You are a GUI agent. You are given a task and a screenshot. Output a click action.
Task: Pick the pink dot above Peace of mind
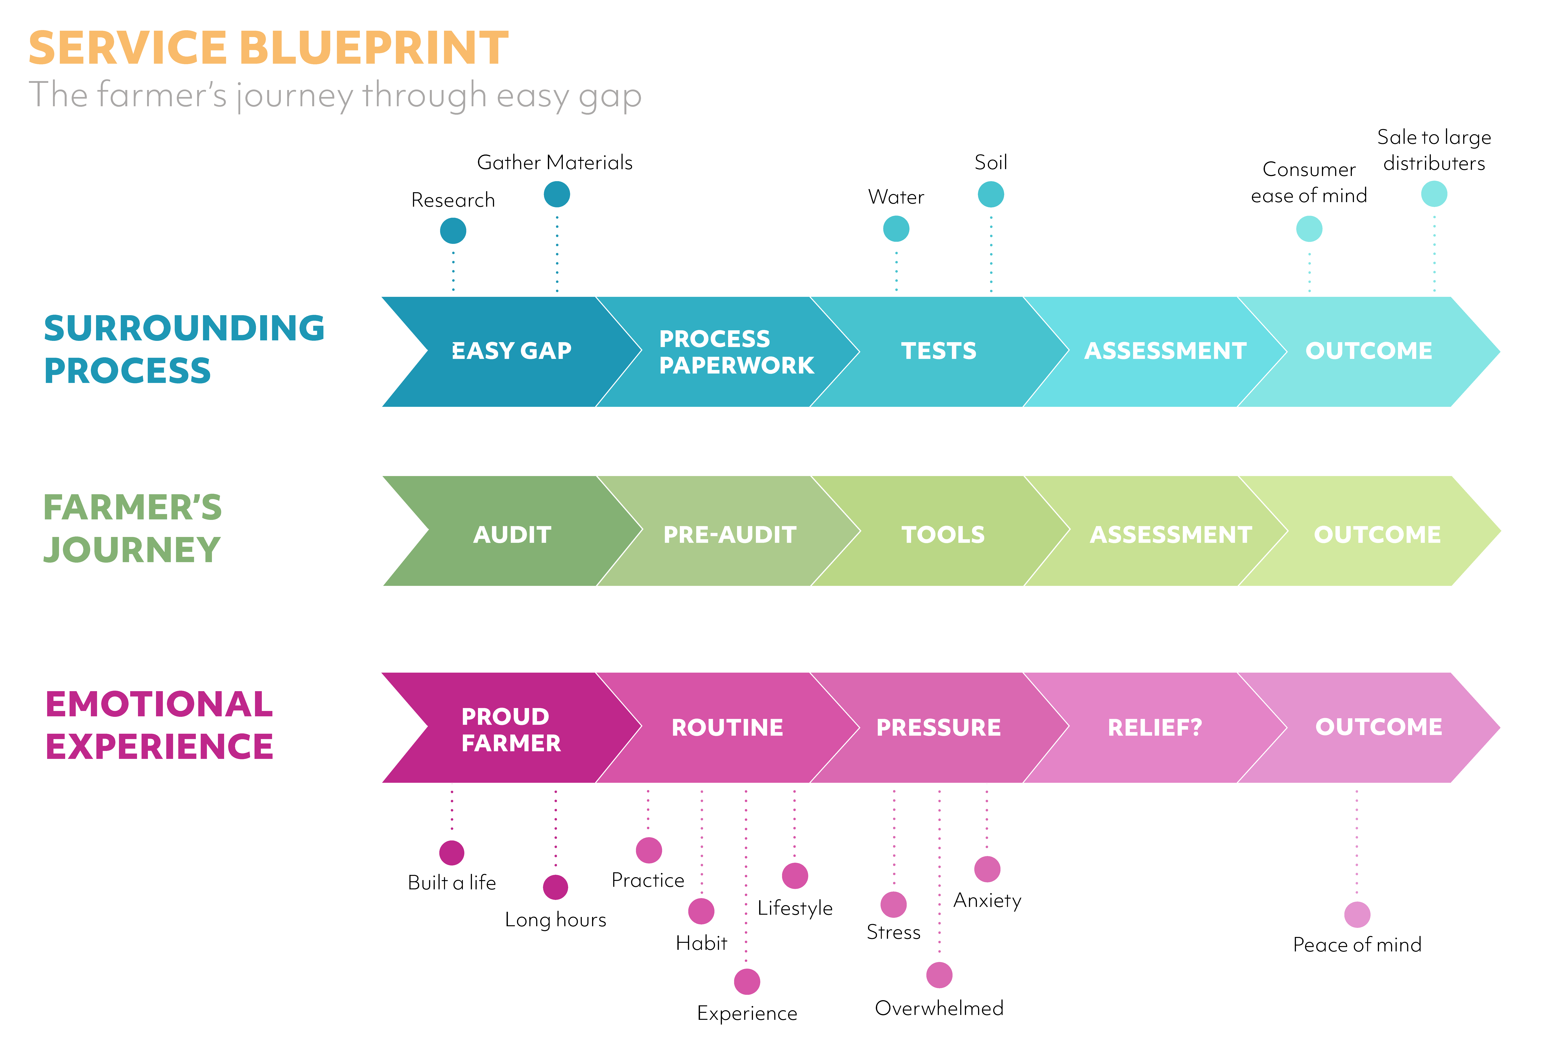pos(1357,914)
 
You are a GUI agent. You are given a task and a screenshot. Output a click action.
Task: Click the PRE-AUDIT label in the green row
pos(730,535)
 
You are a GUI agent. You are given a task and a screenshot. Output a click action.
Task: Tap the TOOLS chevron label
pos(943,535)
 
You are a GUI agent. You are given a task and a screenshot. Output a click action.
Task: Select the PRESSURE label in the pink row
pos(938,727)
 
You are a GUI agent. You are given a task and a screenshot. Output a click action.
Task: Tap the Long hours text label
pos(555,920)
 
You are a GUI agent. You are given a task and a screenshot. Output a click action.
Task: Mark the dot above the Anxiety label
pos(987,869)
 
